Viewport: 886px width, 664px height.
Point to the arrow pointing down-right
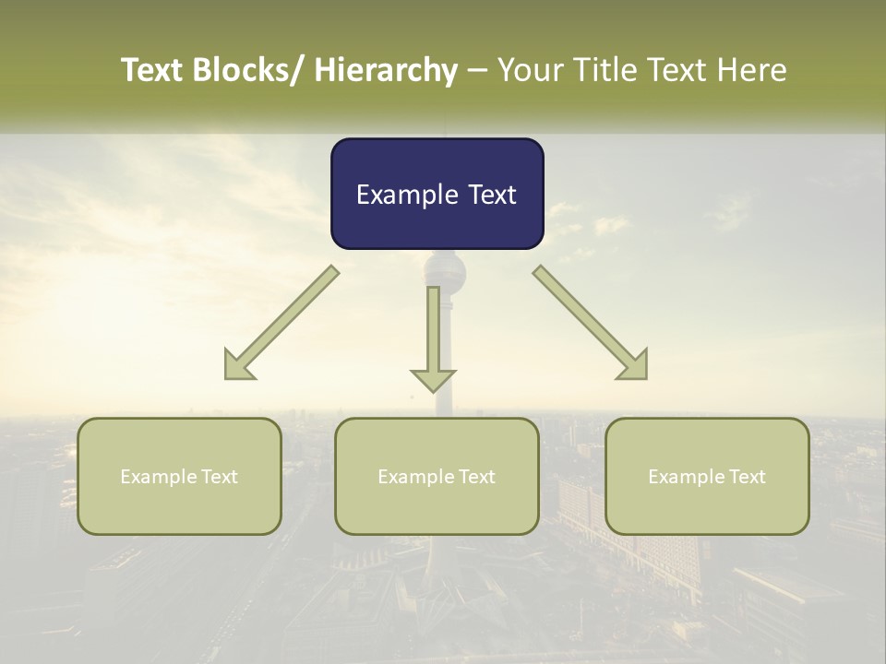pyautogui.click(x=591, y=323)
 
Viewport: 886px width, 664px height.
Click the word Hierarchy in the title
pyautogui.click(x=386, y=70)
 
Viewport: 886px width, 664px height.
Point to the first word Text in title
pyautogui.click(x=152, y=70)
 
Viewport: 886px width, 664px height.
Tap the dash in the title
pyautogui.click(x=477, y=70)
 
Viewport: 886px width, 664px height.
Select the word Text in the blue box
pyautogui.click(x=490, y=195)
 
